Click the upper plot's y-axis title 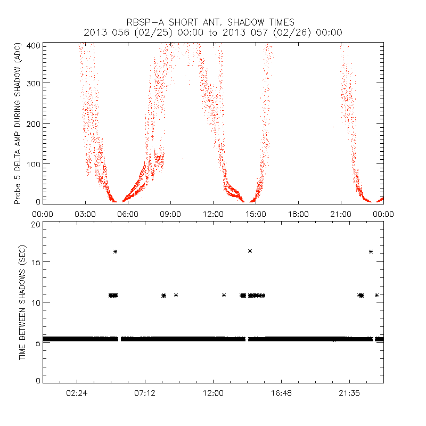pyautogui.click(x=18, y=124)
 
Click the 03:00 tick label pyautogui.click(x=85, y=214)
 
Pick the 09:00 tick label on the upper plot pyautogui.click(x=170, y=214)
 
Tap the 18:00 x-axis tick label pyautogui.click(x=298, y=214)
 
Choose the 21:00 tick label pyautogui.click(x=341, y=214)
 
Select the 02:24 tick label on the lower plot pyautogui.click(x=77, y=392)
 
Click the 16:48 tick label pyautogui.click(x=281, y=392)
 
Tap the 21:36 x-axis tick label pyautogui.click(x=349, y=392)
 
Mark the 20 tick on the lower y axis pyautogui.click(x=36, y=225)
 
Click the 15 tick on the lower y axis pyautogui.click(x=36, y=262)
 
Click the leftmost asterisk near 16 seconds pyautogui.click(x=115, y=251)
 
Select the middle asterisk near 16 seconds pyautogui.click(x=250, y=251)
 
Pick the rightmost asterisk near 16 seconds pyautogui.click(x=371, y=251)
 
